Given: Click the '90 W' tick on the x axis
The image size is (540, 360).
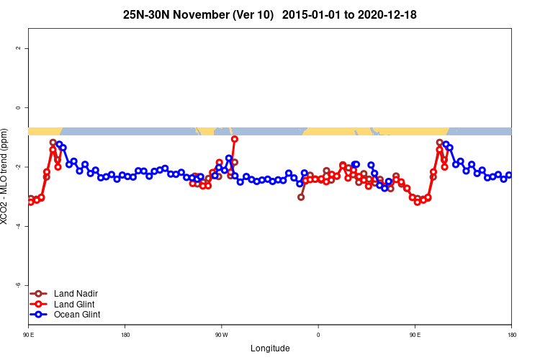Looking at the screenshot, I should pos(221,335).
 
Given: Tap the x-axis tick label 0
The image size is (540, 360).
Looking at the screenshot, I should pos(318,335).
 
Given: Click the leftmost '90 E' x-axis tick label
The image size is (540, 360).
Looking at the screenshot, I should pos(28,335).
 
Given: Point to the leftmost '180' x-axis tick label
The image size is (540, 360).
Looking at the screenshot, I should pos(125,335).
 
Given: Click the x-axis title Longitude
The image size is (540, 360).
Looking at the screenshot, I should pos(270,348).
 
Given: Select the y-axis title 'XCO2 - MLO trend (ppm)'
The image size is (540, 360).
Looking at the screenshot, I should pos(6,176).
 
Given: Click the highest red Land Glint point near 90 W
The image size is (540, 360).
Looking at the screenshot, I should pos(235,139).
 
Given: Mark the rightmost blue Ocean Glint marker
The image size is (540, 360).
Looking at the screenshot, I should pos(509,175).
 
